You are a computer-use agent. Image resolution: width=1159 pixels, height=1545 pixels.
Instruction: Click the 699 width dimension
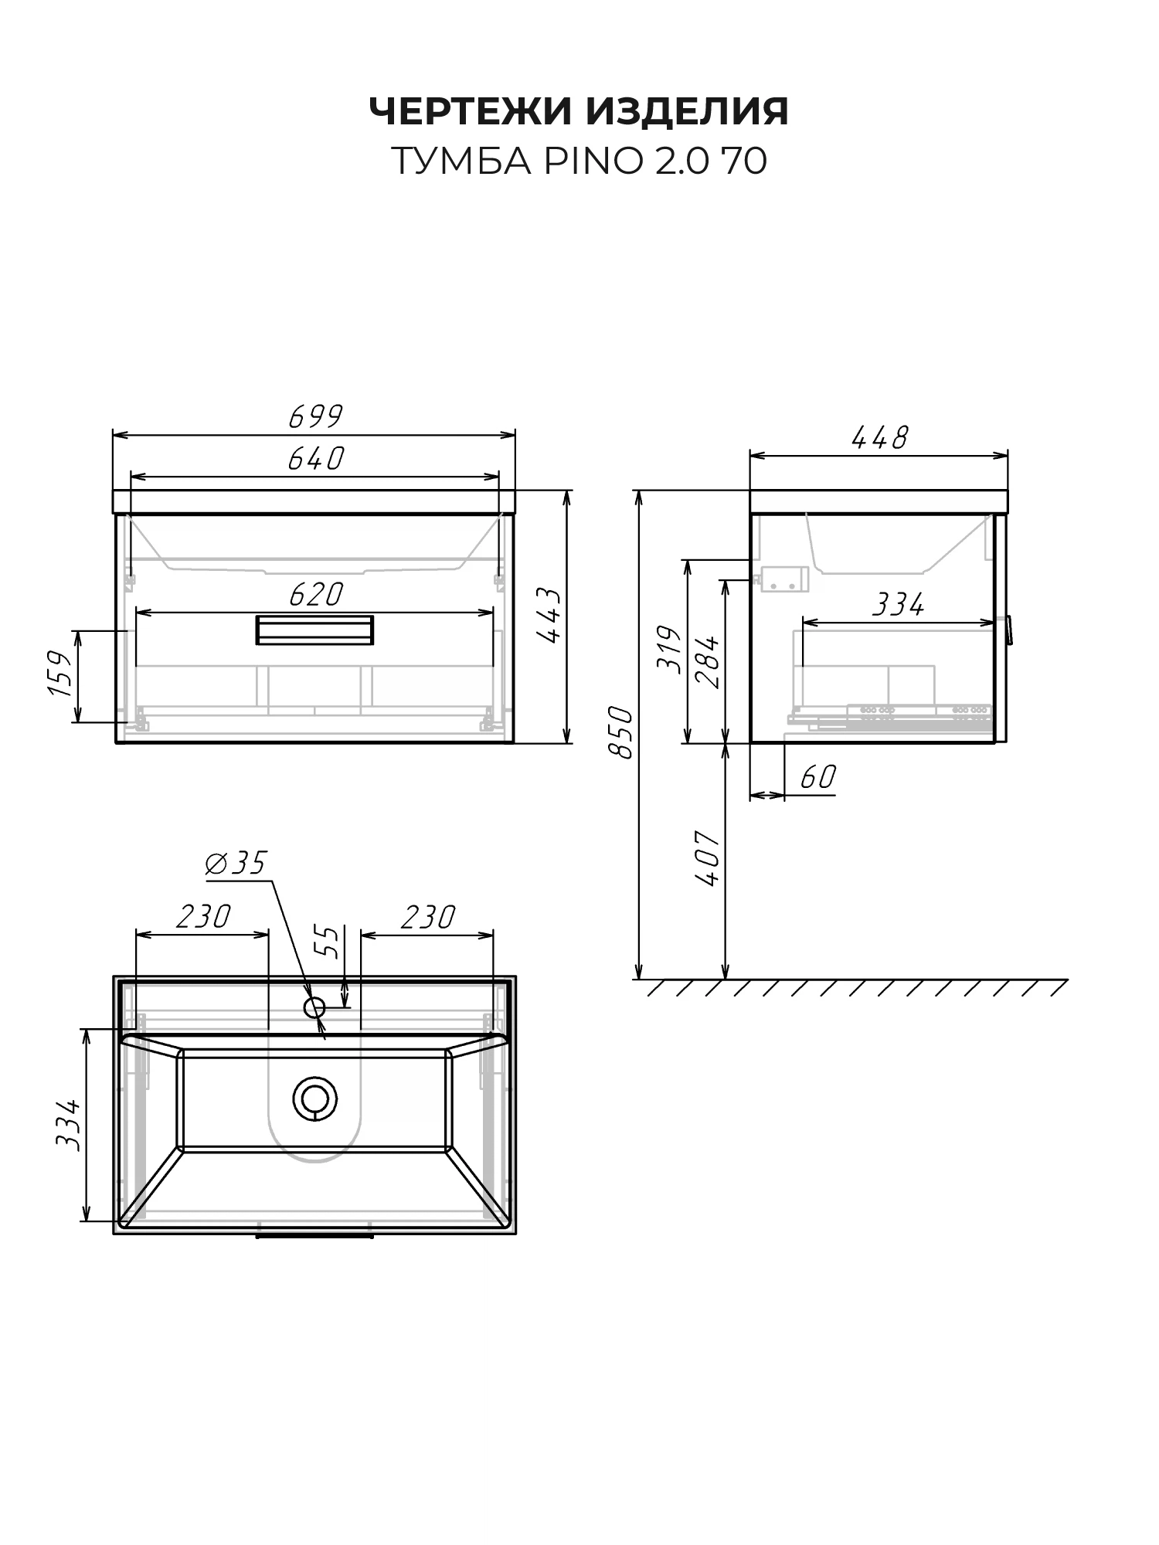click(x=315, y=416)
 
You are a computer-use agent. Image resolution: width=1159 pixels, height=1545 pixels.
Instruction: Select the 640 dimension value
click(x=315, y=459)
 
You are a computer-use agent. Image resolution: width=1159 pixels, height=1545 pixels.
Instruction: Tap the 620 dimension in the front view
click(x=315, y=594)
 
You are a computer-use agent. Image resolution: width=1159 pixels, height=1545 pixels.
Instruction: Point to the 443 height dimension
click(x=548, y=616)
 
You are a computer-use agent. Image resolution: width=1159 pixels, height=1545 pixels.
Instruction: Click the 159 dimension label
click(x=60, y=673)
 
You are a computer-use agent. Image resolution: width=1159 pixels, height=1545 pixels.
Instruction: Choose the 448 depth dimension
click(x=879, y=438)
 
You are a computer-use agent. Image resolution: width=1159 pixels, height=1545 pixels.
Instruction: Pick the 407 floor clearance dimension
click(x=707, y=858)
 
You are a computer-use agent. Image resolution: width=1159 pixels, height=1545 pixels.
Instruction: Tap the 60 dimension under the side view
click(x=817, y=776)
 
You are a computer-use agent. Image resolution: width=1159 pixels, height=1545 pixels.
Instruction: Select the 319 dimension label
click(x=669, y=649)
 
